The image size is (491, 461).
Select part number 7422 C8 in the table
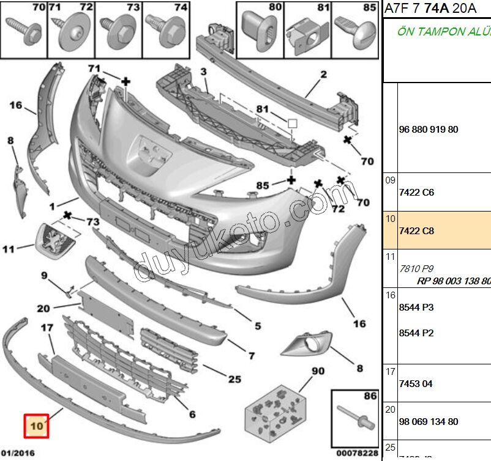416,231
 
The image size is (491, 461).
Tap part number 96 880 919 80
428,130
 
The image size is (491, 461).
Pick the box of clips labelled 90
275,413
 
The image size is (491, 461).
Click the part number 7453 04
416,384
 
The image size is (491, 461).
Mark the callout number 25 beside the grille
234,379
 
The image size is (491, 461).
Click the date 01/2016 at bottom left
18,453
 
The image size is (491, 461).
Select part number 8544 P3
416,308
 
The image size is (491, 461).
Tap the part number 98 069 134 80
428,422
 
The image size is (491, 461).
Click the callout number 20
43,308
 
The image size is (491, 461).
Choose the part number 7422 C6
416,192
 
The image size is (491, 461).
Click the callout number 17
47,328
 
